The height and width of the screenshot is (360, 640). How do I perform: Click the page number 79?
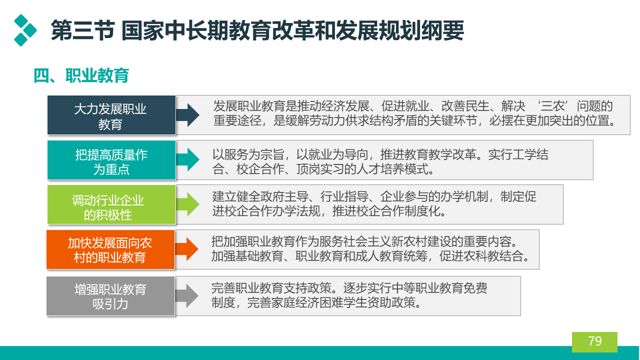tap(595, 341)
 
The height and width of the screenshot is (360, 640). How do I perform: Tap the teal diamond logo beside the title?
tap(25, 30)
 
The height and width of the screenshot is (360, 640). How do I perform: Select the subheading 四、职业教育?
tap(81, 75)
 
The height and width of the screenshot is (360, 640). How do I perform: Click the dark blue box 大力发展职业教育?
tap(111, 115)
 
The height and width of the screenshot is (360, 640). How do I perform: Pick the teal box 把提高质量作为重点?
tap(111, 160)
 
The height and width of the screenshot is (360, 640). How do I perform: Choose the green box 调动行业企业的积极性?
tap(111, 204)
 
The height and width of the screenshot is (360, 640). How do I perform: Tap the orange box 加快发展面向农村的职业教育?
tap(110, 249)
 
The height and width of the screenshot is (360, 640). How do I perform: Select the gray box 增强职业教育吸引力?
tap(110, 296)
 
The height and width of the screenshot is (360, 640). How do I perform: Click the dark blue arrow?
tap(187, 115)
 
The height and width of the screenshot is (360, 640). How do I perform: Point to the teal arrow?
tap(187, 159)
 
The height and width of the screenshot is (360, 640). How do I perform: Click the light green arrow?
tap(187, 204)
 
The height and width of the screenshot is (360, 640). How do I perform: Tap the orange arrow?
tap(187, 249)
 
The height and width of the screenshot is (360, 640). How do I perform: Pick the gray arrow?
tap(187, 295)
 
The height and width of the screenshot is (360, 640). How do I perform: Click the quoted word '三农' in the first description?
tap(552, 106)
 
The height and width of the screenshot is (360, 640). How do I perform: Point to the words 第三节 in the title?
tap(83, 30)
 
